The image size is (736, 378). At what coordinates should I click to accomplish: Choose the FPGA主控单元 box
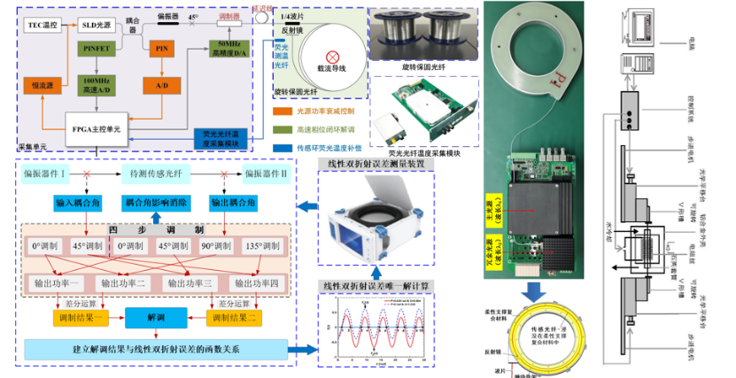click(x=96, y=129)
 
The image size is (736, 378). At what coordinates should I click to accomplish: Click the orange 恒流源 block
click(x=41, y=85)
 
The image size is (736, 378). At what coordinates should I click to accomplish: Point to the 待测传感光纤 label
click(x=158, y=173)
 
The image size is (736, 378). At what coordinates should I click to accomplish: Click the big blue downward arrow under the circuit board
click(x=536, y=292)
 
